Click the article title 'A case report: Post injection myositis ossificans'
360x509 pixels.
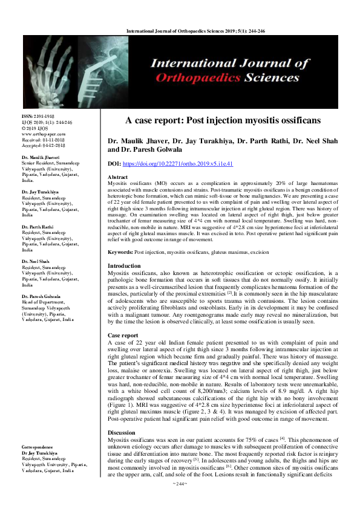(223, 120)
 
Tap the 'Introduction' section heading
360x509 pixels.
(124, 266)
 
